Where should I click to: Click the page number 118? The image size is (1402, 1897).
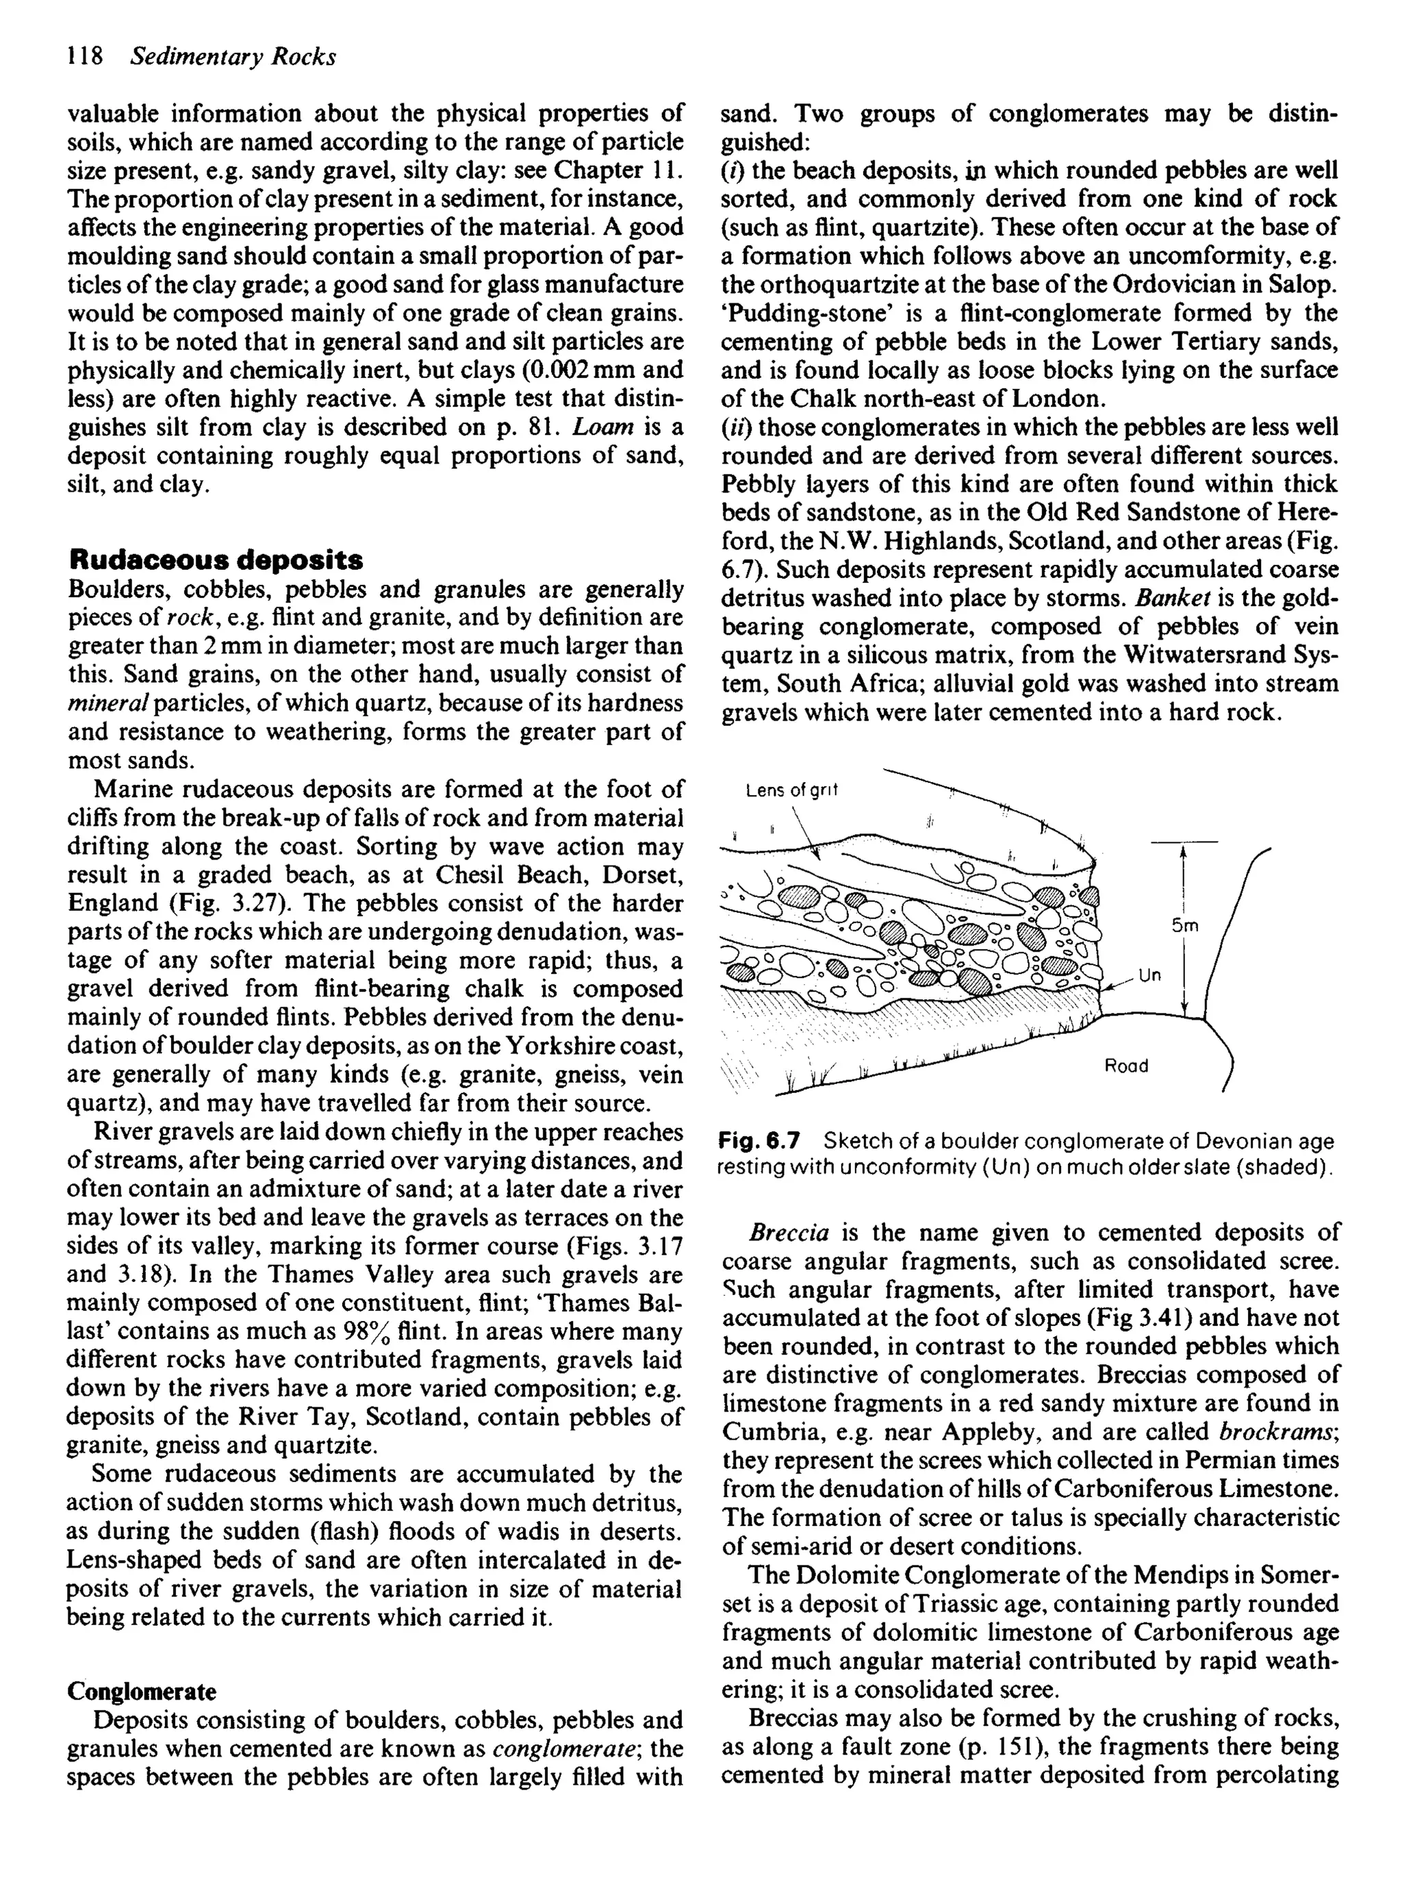84,57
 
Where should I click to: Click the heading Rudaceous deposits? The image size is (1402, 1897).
216,560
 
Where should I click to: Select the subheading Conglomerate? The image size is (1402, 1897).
141,1692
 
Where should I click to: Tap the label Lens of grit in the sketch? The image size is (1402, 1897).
791,791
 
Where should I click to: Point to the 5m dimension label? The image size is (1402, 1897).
1185,927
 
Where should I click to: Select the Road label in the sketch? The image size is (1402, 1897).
1125,1066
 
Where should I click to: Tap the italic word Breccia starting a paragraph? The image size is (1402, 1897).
789,1233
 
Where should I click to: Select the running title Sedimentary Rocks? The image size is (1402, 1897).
233,57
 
